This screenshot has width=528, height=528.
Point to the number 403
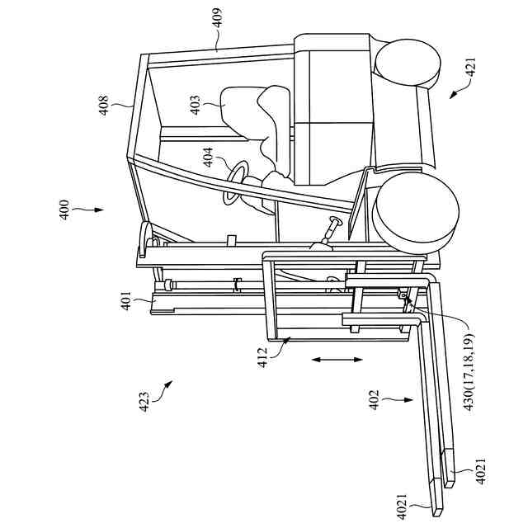tap(196, 102)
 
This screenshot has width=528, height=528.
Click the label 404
tap(208, 158)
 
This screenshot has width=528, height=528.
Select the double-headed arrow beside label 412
tap(337, 360)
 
